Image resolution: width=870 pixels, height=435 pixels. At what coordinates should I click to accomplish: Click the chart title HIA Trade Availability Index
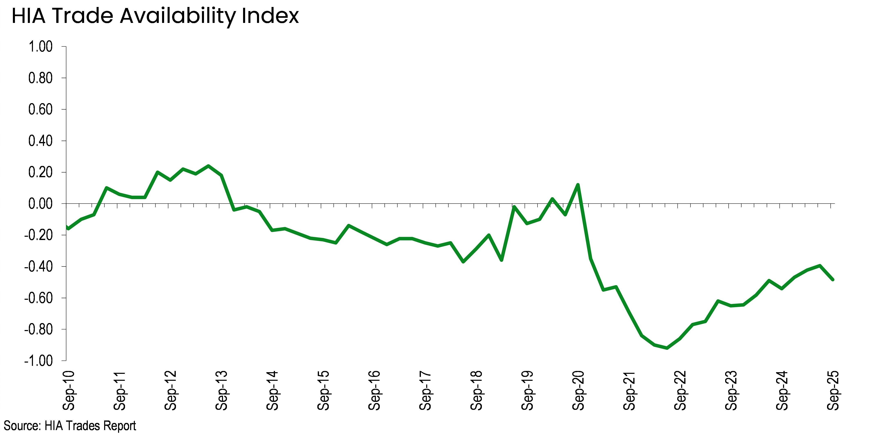point(155,16)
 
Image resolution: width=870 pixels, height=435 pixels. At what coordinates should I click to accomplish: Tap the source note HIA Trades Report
point(70,426)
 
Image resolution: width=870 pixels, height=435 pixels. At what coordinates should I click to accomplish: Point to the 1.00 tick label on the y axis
point(41,47)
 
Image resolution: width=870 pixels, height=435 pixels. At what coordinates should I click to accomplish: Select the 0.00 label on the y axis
point(41,204)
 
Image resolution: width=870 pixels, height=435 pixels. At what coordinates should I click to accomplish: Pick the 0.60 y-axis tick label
point(41,109)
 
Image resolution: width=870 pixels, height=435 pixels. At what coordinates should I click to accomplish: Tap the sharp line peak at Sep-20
point(578,185)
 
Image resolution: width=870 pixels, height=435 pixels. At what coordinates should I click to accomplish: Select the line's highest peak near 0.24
point(208,166)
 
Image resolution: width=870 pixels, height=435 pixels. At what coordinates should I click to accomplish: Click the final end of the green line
point(833,279)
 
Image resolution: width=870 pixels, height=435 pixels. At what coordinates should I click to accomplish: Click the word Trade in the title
point(83,16)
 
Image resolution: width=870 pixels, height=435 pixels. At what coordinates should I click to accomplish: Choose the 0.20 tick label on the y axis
point(41,172)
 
